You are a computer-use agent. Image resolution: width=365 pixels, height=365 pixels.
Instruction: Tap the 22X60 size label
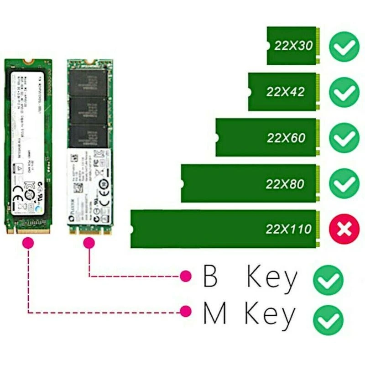(x=286, y=137)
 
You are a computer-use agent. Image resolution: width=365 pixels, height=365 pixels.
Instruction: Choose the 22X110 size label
(x=289, y=229)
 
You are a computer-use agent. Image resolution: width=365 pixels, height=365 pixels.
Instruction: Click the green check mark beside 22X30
(x=344, y=46)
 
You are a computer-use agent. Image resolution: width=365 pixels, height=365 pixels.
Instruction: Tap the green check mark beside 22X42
(x=344, y=92)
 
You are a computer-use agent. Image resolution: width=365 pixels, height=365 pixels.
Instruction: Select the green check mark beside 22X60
(x=344, y=137)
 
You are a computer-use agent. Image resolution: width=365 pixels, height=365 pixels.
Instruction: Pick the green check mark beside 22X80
(x=344, y=183)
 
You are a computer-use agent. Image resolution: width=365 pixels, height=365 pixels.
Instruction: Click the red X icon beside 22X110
(x=344, y=229)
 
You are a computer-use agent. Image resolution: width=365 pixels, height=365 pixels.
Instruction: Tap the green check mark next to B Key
(x=328, y=280)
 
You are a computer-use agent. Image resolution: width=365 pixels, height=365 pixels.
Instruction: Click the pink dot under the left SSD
(x=28, y=244)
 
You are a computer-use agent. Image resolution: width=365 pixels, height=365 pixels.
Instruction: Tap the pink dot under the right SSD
(x=89, y=244)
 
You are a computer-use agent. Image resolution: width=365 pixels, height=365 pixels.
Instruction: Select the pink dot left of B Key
(x=185, y=276)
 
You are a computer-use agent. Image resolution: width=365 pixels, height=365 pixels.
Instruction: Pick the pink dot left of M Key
(x=185, y=312)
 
